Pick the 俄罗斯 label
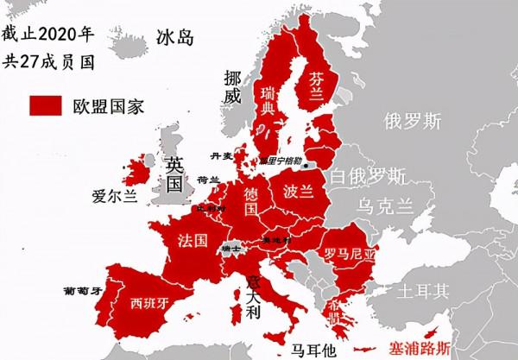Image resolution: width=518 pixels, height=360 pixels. pos(413,118)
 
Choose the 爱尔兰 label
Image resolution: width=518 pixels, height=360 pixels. pos(114,197)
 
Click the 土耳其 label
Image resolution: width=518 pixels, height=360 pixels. pos(423,292)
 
